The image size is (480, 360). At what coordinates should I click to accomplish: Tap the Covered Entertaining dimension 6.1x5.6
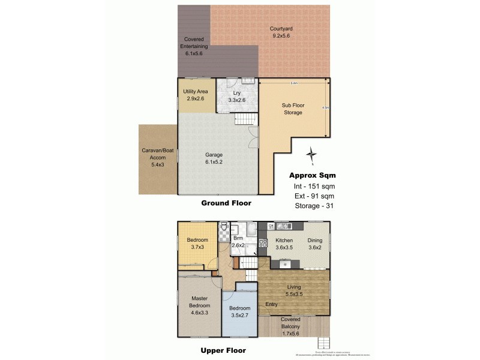[196, 53]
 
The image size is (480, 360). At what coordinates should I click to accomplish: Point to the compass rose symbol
[311, 155]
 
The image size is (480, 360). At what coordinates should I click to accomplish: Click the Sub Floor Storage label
[293, 109]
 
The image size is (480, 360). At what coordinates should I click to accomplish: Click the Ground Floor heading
[226, 203]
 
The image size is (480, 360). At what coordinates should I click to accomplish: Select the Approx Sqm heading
[313, 175]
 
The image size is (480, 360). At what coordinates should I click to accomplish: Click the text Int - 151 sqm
[311, 186]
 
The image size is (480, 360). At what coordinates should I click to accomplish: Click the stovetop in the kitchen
[262, 244]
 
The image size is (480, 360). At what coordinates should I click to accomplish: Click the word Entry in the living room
[271, 304]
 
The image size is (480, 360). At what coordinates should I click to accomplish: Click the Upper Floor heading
[223, 350]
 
